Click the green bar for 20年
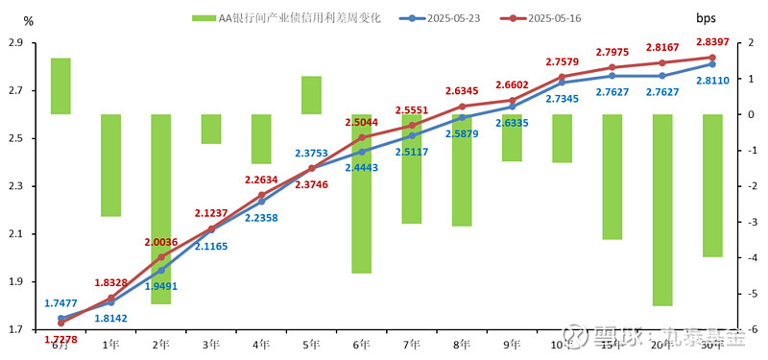coord(661,209)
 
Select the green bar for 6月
coord(60,86)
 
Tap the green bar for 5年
coord(311,95)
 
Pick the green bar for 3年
coord(211,129)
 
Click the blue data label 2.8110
coord(711,81)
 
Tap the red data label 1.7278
coord(61,339)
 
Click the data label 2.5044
coord(362,123)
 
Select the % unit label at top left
coord(28,20)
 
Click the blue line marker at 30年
coord(711,64)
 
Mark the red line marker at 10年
coord(562,77)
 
